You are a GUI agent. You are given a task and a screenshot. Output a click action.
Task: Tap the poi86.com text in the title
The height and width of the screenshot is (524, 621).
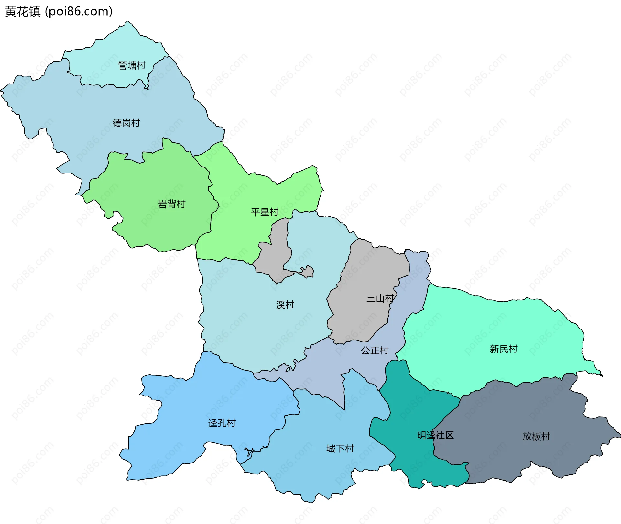click(x=79, y=12)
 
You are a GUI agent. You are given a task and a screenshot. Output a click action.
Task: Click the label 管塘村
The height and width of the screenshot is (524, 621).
click(x=132, y=66)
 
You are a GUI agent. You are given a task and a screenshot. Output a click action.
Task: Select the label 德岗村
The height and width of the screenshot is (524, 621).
click(x=126, y=123)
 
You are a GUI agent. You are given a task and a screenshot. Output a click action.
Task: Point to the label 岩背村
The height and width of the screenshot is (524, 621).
click(x=171, y=204)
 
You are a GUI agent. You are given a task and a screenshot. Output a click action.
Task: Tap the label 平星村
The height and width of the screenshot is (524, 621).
click(x=265, y=212)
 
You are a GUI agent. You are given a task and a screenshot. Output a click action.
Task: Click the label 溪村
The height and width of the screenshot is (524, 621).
click(x=285, y=305)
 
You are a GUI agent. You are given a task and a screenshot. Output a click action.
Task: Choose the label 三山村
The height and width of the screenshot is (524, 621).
click(x=380, y=298)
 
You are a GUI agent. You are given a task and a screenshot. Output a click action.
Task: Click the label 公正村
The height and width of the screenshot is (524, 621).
click(x=375, y=351)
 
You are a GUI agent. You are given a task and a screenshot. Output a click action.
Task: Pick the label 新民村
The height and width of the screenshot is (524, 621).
click(x=504, y=349)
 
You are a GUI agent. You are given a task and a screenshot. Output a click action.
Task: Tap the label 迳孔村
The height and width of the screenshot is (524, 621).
click(x=222, y=423)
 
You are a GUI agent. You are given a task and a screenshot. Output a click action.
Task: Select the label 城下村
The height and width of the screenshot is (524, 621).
click(x=340, y=449)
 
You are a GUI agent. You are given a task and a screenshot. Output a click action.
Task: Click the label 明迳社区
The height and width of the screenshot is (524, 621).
click(x=435, y=436)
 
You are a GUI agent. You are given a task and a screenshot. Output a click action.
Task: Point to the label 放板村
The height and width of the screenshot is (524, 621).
click(x=536, y=437)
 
